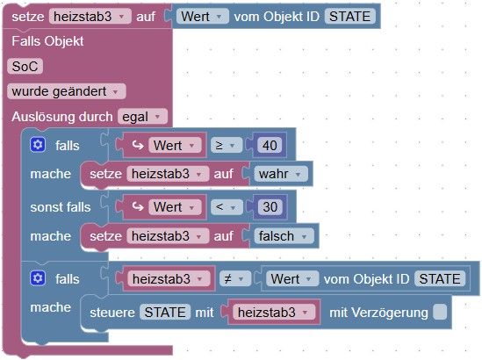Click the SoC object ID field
[25, 67]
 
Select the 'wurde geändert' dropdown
[67, 91]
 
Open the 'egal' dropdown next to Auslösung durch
[142, 117]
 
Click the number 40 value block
[270, 146]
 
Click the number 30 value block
[270, 207]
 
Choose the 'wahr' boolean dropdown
[280, 174]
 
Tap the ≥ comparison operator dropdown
[227, 146]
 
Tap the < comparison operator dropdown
[227, 207]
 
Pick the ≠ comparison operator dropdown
[235, 279]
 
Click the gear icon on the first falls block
[38, 145]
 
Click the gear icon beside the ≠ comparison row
[38, 278]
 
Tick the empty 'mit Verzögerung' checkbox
[440, 312]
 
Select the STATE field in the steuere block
[165, 313]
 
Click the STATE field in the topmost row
[349, 17]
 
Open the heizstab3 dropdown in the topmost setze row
[90, 17]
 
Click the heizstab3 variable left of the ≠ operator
[169, 279]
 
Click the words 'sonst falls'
[61, 207]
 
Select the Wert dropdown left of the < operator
[175, 207]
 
